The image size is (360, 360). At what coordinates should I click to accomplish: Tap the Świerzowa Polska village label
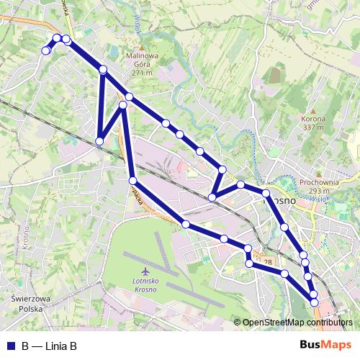pos(27,302)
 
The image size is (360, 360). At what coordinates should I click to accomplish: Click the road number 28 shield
pos(268,262)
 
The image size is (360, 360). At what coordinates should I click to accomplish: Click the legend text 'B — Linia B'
pos(49,346)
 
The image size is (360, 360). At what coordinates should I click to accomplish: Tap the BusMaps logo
pos(325,346)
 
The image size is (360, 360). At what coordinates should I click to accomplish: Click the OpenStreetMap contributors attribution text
pos(298,323)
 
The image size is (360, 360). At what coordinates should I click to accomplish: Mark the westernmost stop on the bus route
pos(45,50)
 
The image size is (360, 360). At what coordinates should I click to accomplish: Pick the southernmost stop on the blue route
pos(315,302)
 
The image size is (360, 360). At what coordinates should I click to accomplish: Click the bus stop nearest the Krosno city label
pos(266,194)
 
